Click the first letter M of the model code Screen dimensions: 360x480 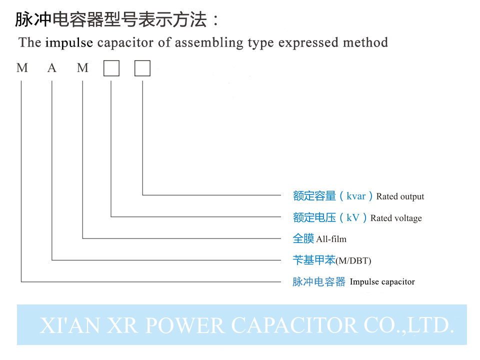(x=22, y=68)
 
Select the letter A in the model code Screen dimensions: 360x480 (x=52, y=68)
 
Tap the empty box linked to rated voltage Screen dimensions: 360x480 (x=111, y=68)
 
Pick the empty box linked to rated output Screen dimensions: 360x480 (x=142, y=68)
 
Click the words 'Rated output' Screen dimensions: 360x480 (x=400, y=196)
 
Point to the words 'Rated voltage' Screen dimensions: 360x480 (x=396, y=218)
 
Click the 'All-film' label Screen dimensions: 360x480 (x=331, y=239)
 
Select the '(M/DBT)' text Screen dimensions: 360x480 (x=353, y=260)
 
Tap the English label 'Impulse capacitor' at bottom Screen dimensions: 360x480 (x=382, y=282)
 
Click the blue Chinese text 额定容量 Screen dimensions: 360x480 (x=314, y=196)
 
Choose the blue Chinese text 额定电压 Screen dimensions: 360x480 (x=314, y=217)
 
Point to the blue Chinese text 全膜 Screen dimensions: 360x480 (x=303, y=238)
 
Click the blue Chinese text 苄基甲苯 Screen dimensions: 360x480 (x=314, y=260)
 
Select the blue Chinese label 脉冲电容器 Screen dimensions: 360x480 (x=319, y=282)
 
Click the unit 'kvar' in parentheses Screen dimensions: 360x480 (x=356, y=196)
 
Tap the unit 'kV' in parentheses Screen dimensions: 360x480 (x=353, y=217)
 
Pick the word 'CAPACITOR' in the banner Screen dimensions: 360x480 (x=294, y=325)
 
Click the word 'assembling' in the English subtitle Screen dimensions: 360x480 (x=208, y=42)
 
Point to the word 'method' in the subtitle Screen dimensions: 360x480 (x=365, y=42)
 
